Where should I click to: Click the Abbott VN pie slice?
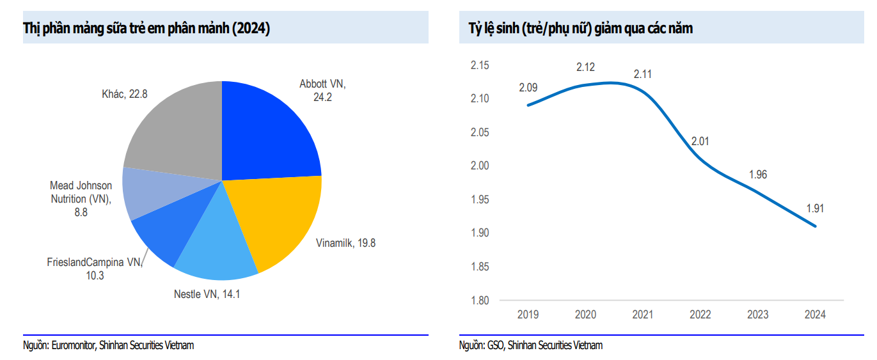(x=269, y=128)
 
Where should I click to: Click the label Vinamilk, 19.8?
(x=345, y=243)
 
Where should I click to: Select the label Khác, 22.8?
(x=125, y=94)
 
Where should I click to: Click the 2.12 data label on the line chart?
(x=585, y=67)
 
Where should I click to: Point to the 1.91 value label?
(x=816, y=208)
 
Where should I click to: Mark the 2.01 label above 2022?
(x=700, y=141)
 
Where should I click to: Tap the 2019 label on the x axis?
(x=528, y=315)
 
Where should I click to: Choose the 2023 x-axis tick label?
(x=758, y=315)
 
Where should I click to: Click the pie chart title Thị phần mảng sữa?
(x=146, y=29)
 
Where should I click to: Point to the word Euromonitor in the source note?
(x=74, y=345)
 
